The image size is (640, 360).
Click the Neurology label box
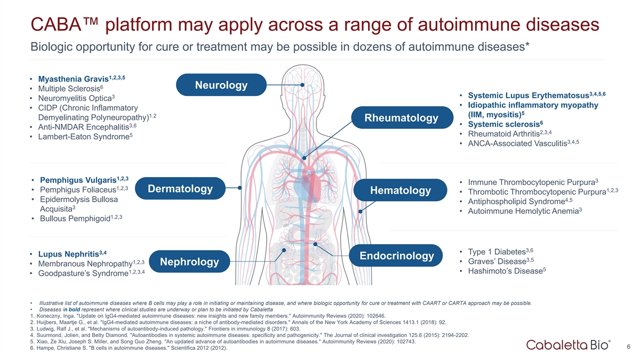pyautogui.click(x=221, y=85)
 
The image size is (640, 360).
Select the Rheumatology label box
pyautogui.click(x=402, y=117)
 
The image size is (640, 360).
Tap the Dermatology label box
pyautogui.click(x=180, y=188)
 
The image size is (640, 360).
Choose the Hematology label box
pyautogui.click(x=401, y=190)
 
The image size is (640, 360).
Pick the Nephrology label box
pyautogui.click(x=189, y=261)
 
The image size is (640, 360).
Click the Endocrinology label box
pyautogui.click(x=396, y=255)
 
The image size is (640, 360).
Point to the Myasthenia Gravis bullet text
pyautogui.click(x=82, y=78)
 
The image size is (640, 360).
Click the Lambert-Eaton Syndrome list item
pyautogui.click(x=85, y=137)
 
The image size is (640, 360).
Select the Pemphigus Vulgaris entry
pyautogui.click(x=84, y=180)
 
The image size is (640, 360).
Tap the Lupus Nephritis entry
pyautogui.click(x=73, y=254)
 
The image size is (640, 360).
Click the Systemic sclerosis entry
pyautogui.click(x=505, y=124)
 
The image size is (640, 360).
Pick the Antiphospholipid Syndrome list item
pyautogui.click(x=520, y=201)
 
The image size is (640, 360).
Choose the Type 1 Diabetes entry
pyautogui.click(x=500, y=251)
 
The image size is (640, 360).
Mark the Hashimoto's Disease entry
pyautogui.click(x=507, y=270)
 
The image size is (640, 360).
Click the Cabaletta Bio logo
pyautogui.click(x=569, y=345)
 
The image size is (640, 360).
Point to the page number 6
pyautogui.click(x=628, y=347)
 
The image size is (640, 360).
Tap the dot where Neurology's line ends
pyautogui.click(x=302, y=85)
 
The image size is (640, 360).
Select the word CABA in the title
pyautogui.click(x=57, y=25)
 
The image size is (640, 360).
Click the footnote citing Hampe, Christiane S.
pyautogui.click(x=129, y=348)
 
